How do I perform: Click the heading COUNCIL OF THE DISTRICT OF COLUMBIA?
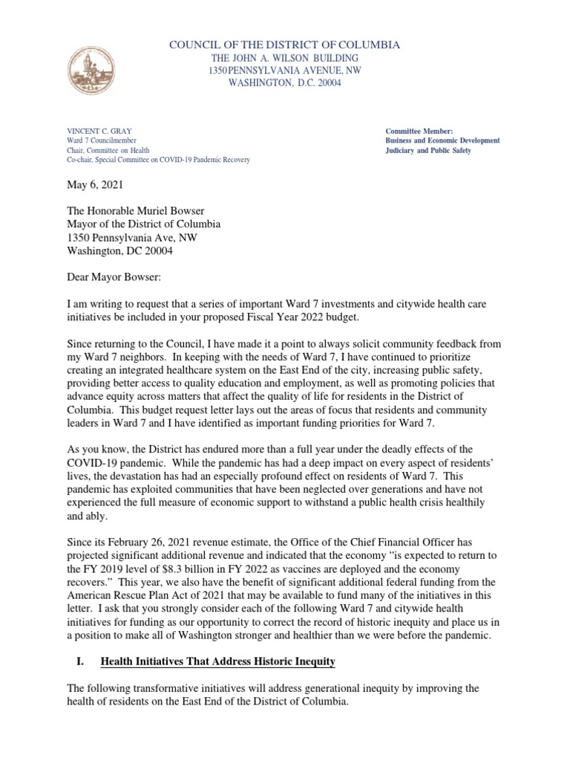285,45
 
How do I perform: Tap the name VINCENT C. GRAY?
99,131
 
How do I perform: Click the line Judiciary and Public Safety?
428,150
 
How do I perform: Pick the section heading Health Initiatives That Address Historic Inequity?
218,640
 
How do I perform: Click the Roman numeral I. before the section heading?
78,640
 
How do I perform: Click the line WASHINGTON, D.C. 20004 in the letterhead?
285,82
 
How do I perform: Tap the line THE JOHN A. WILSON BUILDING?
285,58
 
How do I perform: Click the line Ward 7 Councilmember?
105,140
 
